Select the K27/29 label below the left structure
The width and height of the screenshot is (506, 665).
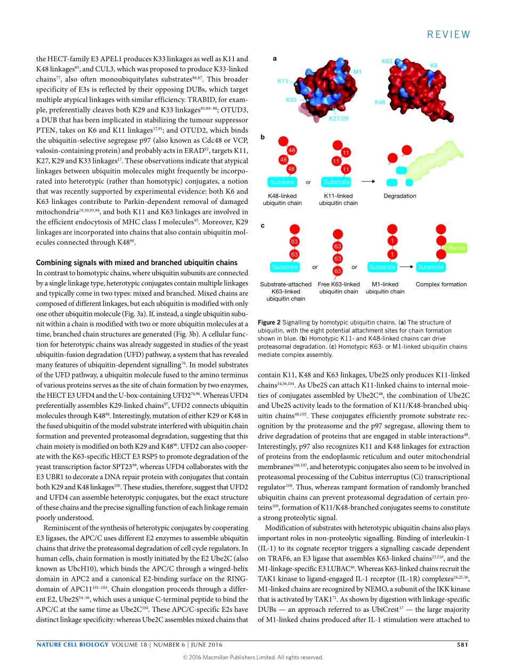pyautogui.click(x=338, y=118)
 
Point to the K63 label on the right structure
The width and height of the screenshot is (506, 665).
pyautogui.click(x=387, y=61)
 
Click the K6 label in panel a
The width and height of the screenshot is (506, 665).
pyautogui.click(x=434, y=65)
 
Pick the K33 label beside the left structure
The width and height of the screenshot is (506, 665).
pyautogui.click(x=291, y=100)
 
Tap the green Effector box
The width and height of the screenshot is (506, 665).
pyautogui.click(x=455, y=248)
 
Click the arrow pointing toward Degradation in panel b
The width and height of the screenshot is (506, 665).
pyautogui.click(x=368, y=182)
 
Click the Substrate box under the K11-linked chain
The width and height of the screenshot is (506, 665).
pyautogui.click(x=337, y=182)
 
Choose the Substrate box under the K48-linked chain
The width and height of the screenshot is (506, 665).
pyautogui.click(x=282, y=182)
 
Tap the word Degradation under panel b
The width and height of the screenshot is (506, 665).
pyautogui.click(x=399, y=196)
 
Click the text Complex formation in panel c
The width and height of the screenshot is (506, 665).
pyautogui.click(x=441, y=284)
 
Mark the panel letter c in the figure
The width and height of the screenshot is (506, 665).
pyautogui.click(x=262, y=226)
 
